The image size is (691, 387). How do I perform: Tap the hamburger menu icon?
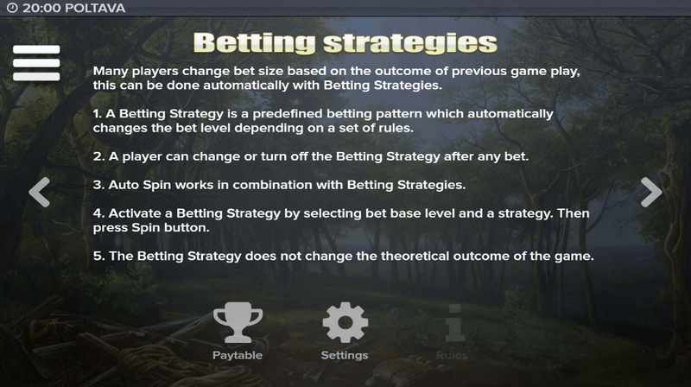(36, 63)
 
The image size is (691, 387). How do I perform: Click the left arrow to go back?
(39, 192)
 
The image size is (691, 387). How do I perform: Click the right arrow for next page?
(651, 192)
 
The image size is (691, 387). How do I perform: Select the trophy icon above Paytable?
(238, 322)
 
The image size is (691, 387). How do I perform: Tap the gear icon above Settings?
(345, 322)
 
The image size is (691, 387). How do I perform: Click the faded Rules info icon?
(454, 323)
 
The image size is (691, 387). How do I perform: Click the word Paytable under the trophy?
(238, 355)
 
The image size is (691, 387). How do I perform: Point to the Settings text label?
(345, 355)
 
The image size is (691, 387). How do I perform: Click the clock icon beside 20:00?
(12, 8)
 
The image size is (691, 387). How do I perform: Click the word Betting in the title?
(255, 43)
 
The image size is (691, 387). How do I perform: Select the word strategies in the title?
(410, 43)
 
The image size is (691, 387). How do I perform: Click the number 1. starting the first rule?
(98, 114)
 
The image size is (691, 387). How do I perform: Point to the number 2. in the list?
(98, 156)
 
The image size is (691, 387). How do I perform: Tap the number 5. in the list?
(98, 256)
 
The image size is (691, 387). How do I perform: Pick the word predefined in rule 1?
(288, 114)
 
